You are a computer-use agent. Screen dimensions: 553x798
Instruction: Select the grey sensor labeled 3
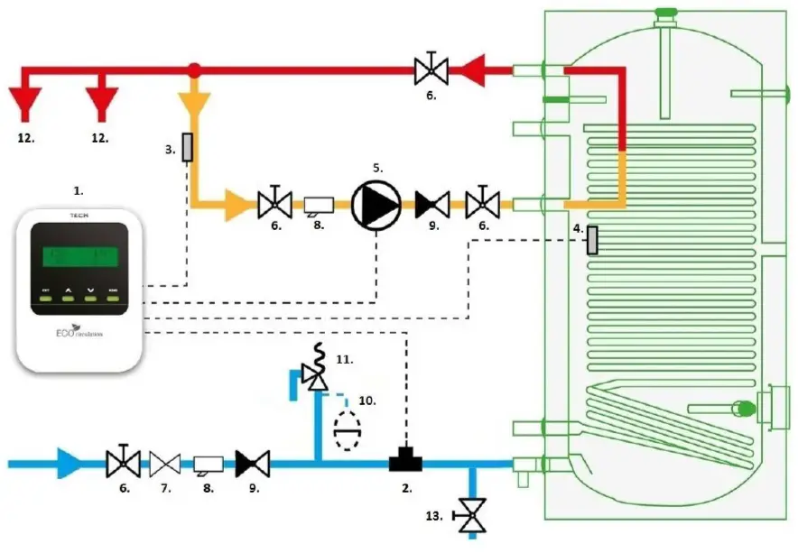pos(188,147)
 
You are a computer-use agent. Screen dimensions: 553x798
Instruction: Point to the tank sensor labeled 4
pos(592,240)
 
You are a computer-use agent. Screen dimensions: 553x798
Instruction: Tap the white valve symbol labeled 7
pos(164,464)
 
